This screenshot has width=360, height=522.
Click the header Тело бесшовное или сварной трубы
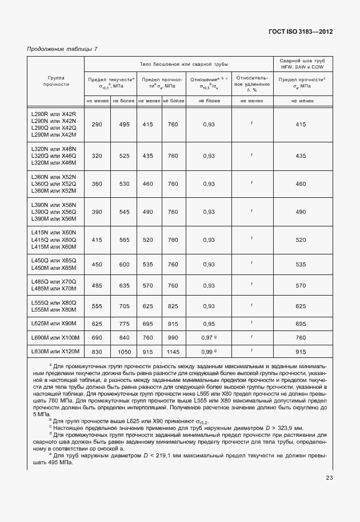click(x=180, y=63)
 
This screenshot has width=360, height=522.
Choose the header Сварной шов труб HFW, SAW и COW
click(x=303, y=63)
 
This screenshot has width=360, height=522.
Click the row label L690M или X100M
click(x=56, y=337)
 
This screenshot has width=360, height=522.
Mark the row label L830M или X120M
click(x=56, y=352)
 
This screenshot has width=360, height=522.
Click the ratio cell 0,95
click(x=209, y=324)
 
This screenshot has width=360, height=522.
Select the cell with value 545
click(x=124, y=212)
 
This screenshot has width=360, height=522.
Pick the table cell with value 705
click(x=124, y=306)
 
